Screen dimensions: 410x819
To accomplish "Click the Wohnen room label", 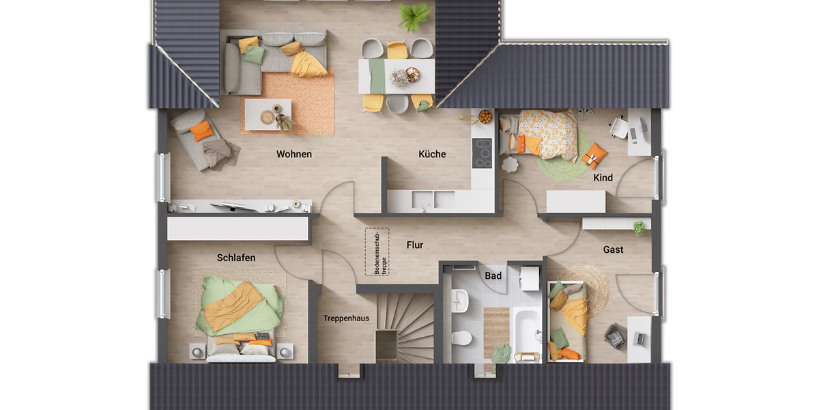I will point(293,154).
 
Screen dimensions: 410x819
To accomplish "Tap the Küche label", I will point(432,154).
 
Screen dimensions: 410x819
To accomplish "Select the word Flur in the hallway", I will point(415,245).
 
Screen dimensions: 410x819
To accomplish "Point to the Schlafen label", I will point(236,258).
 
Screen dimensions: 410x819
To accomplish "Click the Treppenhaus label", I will point(346,318).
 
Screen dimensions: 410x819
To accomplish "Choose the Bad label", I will point(493,276).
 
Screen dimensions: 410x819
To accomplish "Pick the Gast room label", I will point(613,250).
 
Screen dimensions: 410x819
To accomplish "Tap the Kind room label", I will point(603,178).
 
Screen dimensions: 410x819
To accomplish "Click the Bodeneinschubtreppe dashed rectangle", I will point(377,252).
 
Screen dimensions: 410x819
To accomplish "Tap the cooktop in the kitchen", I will point(482,152).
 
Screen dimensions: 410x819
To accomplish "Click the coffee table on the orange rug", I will point(268,114).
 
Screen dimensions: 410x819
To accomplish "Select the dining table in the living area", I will point(396,74).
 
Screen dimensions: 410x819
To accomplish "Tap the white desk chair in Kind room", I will point(618,127).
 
